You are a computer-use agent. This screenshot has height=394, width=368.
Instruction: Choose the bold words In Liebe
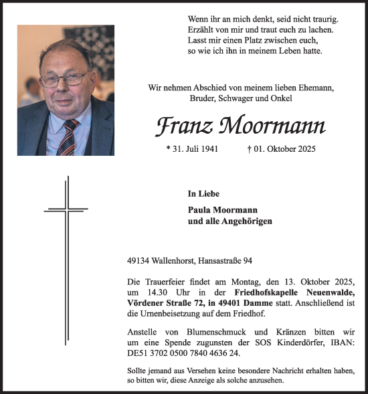click(202, 194)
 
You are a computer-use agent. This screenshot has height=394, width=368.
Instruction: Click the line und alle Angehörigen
click(230, 221)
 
